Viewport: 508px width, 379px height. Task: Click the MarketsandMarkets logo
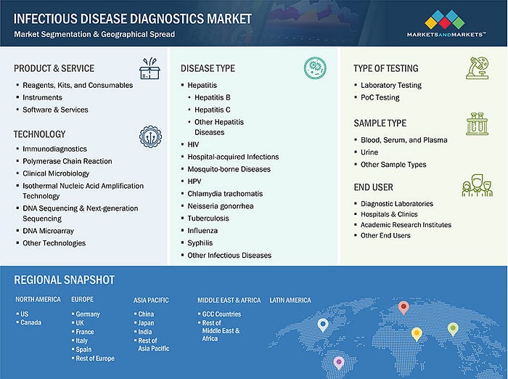tap(446, 24)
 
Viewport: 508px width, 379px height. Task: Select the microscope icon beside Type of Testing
tap(478, 68)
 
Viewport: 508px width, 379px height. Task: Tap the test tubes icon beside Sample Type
tap(477, 124)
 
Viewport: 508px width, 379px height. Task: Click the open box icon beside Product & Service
tap(149, 68)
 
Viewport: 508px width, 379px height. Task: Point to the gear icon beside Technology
tap(151, 136)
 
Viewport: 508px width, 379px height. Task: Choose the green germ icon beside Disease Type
tap(315, 68)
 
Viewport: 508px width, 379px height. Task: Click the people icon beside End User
tap(478, 185)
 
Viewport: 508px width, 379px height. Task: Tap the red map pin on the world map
tap(403, 308)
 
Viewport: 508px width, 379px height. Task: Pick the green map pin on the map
tap(453, 330)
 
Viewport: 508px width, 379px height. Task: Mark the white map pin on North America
tap(323, 325)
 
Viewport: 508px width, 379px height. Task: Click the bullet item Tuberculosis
tap(208, 219)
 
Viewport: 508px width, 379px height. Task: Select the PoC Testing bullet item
tap(380, 97)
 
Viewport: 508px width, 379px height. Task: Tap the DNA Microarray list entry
tap(49, 231)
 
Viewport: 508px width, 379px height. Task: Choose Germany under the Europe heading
tap(88, 314)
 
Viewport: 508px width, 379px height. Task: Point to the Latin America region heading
tap(290, 300)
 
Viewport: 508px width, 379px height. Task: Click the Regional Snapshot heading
tap(64, 280)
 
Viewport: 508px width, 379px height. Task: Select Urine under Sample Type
tap(369, 152)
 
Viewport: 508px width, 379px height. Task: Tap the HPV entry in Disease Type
tap(194, 182)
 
